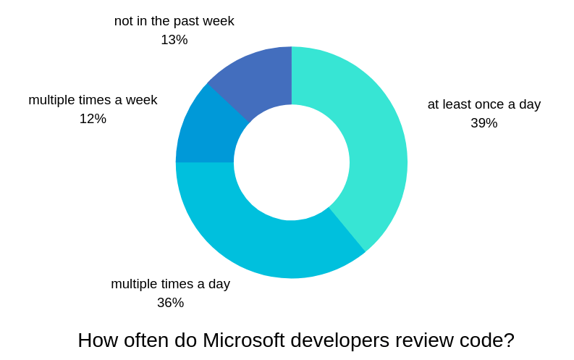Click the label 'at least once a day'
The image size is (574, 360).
tap(484, 104)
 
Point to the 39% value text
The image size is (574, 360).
tap(484, 123)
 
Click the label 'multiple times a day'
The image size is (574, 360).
tap(170, 284)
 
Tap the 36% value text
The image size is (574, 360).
tap(170, 303)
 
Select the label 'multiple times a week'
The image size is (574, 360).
tap(93, 100)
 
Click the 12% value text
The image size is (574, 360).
tap(93, 119)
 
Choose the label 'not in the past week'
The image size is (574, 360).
tap(174, 21)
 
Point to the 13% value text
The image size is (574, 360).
tap(174, 40)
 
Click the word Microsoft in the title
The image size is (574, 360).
tap(245, 340)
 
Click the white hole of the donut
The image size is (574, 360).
tap(292, 162)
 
